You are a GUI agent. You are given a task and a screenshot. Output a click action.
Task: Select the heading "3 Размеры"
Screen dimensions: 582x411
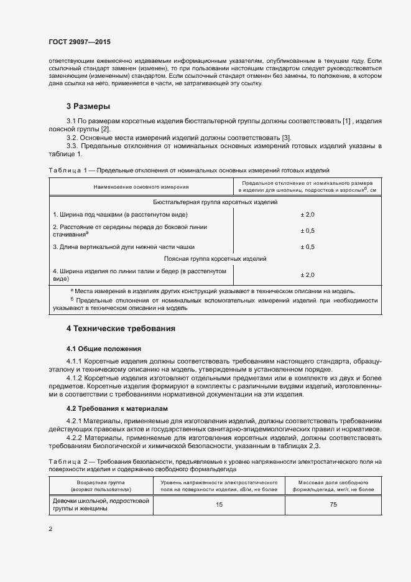(88, 106)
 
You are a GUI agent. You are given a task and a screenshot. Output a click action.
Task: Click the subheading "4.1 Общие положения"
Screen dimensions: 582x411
(104, 349)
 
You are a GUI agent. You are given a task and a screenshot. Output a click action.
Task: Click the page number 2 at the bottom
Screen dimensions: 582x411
(50, 528)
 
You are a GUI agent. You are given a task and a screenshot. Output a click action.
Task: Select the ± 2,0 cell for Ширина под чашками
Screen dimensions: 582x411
(308, 214)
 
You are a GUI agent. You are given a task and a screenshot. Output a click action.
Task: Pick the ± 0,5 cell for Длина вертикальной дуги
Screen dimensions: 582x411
(308, 246)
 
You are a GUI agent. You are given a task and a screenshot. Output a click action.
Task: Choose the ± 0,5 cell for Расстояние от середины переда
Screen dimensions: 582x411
(308, 230)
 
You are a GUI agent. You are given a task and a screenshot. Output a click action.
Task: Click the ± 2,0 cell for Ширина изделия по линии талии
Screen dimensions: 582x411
(308, 275)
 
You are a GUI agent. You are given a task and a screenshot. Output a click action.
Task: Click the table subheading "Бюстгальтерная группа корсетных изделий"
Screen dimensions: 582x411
(215, 202)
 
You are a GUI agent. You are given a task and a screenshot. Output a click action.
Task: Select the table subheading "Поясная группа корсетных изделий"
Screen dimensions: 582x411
(215, 258)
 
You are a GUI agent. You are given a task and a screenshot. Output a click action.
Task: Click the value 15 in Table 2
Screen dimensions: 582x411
(219, 504)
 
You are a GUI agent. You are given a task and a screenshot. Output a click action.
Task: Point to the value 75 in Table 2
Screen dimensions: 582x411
(333, 504)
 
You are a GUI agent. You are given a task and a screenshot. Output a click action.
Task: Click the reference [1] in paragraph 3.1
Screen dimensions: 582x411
(347, 120)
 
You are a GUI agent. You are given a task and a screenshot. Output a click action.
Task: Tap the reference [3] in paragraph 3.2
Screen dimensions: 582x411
(286, 137)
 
